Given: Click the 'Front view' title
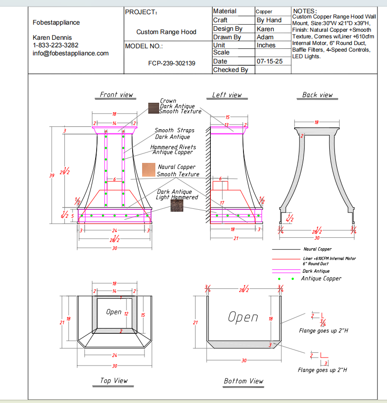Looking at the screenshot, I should point(117,95).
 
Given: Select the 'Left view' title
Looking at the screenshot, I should point(226,95).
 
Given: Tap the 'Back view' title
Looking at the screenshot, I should point(317,95).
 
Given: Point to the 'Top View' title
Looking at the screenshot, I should point(114,380).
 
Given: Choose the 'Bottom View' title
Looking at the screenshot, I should point(243,381).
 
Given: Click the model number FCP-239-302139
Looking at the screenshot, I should point(171,63).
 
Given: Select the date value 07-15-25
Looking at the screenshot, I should point(270,62).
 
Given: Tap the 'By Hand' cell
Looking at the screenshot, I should point(269,20).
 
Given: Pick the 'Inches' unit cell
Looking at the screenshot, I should point(266,45).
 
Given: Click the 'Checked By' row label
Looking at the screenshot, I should point(230,70).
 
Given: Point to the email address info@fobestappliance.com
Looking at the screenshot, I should point(71,53).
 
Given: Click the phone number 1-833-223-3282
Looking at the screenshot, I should point(55,45).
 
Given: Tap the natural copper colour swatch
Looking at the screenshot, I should point(149,170).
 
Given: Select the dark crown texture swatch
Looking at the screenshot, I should point(153,108).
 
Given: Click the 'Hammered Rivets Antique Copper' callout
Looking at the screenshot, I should point(173,150).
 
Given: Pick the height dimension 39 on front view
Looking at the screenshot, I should point(52,175).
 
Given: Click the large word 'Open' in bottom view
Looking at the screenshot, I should point(243,317).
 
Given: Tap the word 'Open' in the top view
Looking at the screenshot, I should point(114,312).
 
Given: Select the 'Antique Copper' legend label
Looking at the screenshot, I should point(321,278).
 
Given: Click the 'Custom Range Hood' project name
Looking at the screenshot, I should point(166,32).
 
